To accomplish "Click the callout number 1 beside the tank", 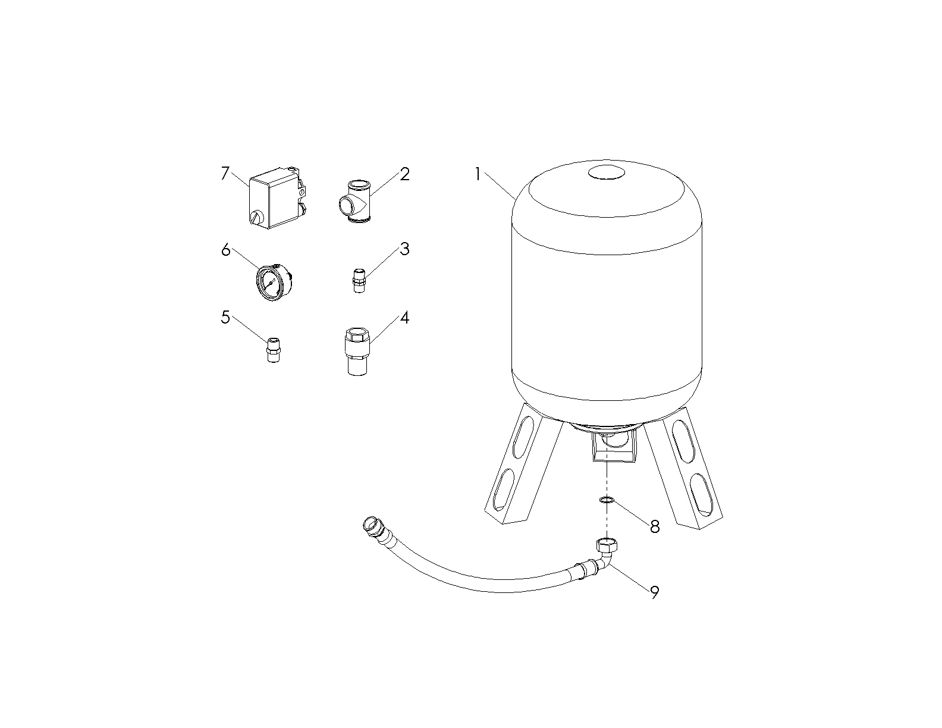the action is [478, 174].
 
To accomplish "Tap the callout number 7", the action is [225, 174].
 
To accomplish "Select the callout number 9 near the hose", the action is [654, 592].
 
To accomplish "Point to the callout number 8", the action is [655, 526].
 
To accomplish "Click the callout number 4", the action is [404, 318].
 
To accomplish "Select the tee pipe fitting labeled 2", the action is [355, 202].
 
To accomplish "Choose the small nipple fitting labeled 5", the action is [273, 350].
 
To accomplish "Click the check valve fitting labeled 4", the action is [357, 352].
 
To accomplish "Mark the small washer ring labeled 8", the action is [607, 500].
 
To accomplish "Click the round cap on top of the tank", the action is [607, 172].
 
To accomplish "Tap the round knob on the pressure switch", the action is [257, 217].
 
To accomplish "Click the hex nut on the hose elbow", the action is [607, 545].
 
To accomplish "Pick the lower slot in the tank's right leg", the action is [699, 493].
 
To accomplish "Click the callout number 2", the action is [404, 174].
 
